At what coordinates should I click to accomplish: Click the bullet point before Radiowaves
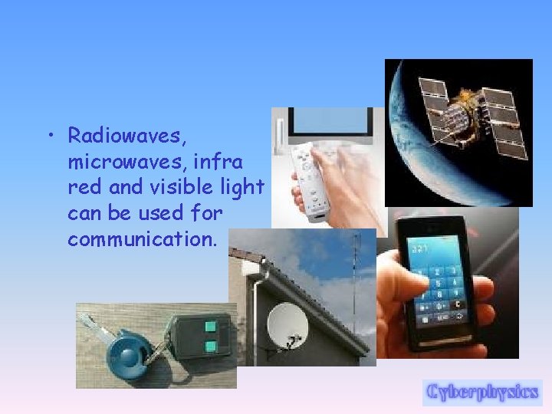pyautogui.click(x=49, y=137)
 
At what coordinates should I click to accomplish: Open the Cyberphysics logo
pyautogui.click(x=482, y=392)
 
